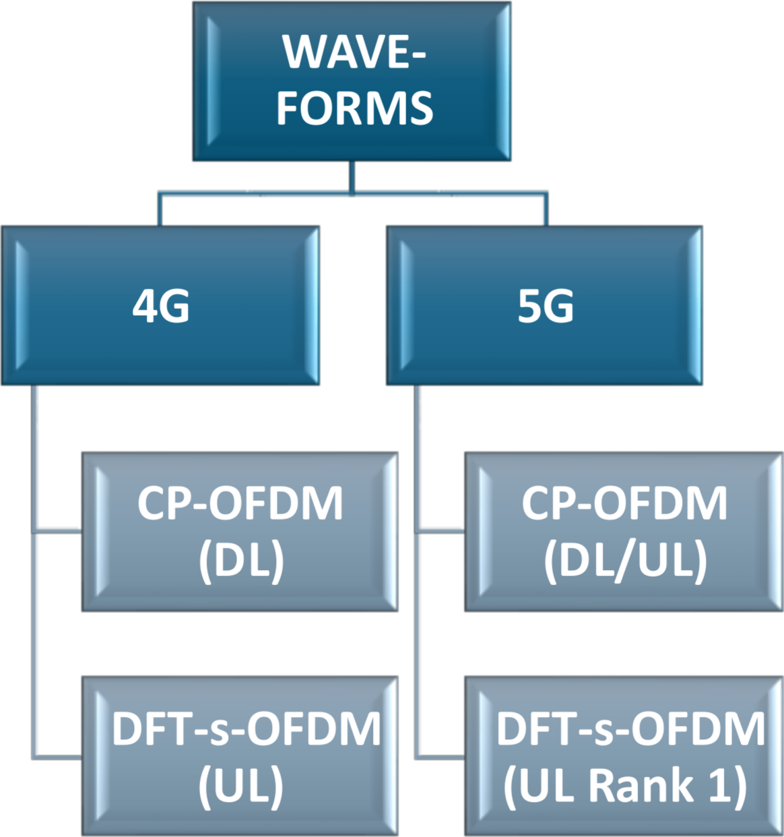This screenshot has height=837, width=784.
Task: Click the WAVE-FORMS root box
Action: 352,81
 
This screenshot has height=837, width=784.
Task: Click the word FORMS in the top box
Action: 354,108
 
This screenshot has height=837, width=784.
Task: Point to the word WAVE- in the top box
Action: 354,53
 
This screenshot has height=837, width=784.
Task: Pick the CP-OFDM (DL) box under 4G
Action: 240,532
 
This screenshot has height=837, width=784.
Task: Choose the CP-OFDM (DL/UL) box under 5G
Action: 624,532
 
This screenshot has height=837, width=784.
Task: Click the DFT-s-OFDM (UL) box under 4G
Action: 240,756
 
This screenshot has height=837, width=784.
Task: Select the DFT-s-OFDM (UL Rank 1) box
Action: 624,756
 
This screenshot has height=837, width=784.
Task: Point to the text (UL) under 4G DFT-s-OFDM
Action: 241,786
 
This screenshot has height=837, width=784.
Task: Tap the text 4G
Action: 160,307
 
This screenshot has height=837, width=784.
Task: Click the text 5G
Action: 546,307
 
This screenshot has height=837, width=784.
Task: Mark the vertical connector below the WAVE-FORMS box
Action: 352,177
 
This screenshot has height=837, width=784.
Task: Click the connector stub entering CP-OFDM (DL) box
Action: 58,532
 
